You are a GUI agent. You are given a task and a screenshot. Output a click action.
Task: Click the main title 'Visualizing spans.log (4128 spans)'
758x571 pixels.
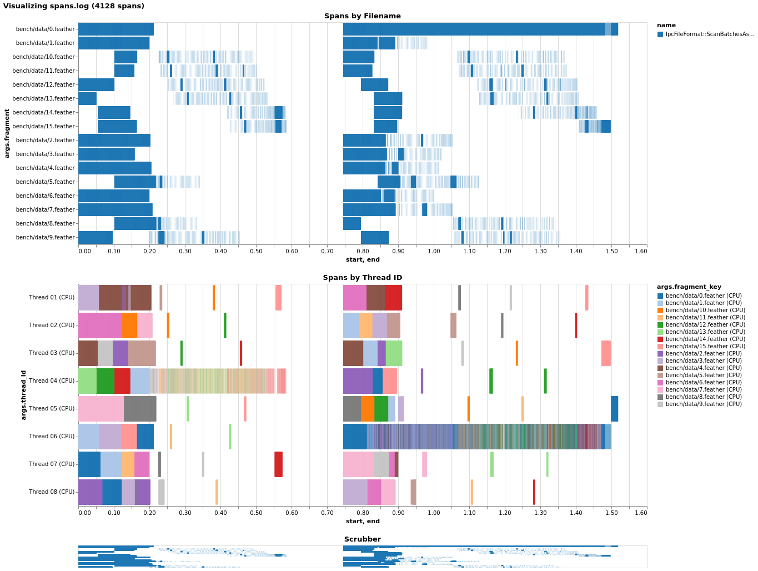(x=73, y=6)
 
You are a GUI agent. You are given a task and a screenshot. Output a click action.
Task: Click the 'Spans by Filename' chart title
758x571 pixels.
(x=362, y=16)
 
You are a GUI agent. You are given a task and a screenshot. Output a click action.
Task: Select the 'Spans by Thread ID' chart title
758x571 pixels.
(x=362, y=278)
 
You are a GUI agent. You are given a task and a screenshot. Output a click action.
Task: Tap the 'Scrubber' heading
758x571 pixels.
(x=362, y=539)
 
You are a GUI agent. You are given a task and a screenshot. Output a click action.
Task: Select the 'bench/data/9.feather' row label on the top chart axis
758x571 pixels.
(x=45, y=238)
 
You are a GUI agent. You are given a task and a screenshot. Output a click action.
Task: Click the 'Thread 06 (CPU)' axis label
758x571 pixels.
(x=52, y=437)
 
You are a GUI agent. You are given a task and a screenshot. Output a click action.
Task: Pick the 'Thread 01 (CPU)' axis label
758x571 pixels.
(x=52, y=298)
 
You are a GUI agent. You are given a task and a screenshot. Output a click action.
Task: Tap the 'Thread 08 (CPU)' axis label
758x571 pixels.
(x=52, y=492)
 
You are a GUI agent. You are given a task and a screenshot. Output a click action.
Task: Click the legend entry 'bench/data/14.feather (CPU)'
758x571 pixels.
(x=705, y=339)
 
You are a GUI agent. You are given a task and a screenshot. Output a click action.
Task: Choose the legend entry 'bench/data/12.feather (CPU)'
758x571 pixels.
(x=705, y=325)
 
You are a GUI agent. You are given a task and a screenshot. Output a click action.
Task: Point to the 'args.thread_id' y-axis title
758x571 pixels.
(x=24, y=395)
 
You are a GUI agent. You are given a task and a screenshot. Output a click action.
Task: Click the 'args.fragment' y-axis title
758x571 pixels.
(x=7, y=133)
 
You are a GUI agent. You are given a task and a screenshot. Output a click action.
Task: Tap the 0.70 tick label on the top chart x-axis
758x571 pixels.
(x=327, y=252)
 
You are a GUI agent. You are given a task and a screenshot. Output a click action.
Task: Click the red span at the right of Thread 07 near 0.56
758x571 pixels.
(x=278, y=464)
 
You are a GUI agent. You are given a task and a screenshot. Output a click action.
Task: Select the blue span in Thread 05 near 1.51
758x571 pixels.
(x=614, y=409)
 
